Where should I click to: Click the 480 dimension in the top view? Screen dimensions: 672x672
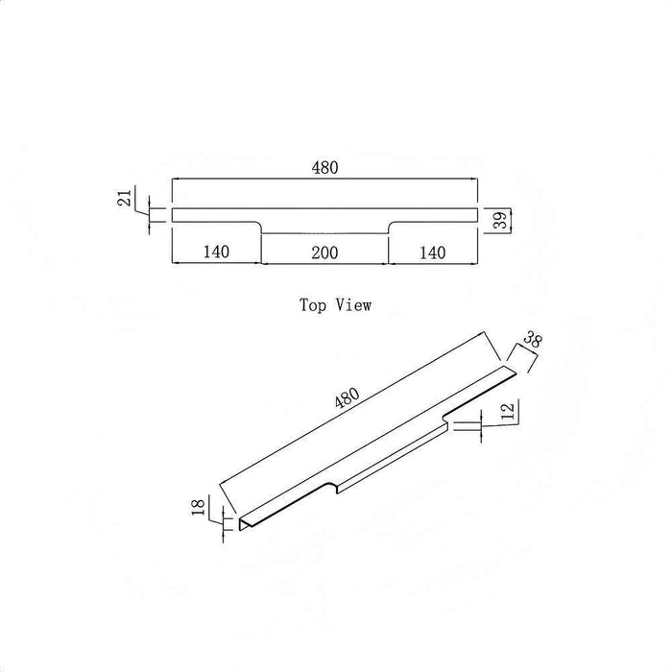pos(324,168)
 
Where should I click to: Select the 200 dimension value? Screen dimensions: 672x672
pos(324,252)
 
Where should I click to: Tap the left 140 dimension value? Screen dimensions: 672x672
pos(216,252)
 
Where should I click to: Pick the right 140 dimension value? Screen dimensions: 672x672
pos(432,252)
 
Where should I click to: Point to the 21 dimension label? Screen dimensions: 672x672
pos(125,199)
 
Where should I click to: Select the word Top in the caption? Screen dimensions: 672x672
pos(312,305)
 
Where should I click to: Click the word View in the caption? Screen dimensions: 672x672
pos(353,305)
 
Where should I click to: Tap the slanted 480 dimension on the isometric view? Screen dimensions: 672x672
pos(348,398)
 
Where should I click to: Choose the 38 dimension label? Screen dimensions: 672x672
pos(533,340)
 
